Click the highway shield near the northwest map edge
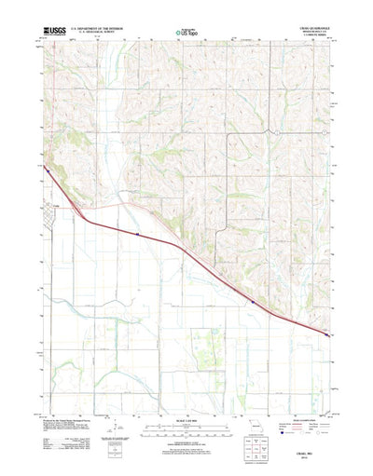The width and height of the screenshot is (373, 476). click(x=45, y=168)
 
